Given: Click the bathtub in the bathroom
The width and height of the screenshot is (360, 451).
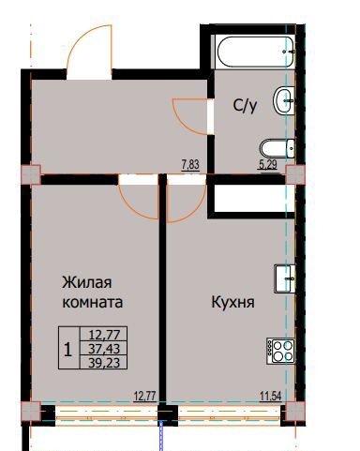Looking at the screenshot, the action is (x=255, y=52).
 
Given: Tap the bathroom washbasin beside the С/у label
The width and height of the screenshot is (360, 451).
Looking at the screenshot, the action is (x=284, y=100).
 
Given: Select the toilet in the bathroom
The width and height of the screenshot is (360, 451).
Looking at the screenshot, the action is (x=277, y=149).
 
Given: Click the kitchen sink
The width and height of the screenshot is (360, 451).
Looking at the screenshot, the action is (x=285, y=278).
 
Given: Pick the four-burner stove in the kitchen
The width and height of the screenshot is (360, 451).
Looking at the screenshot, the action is (x=281, y=351).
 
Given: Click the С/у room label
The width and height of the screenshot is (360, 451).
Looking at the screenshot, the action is (x=245, y=106).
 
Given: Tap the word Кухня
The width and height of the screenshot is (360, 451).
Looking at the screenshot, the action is (x=232, y=302).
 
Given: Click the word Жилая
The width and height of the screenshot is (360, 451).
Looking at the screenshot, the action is (x=87, y=283).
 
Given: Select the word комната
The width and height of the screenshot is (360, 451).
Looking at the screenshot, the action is (x=93, y=303).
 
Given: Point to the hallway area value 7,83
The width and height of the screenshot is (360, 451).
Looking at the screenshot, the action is (x=190, y=164).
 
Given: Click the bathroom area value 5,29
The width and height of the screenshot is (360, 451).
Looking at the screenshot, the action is (x=268, y=164).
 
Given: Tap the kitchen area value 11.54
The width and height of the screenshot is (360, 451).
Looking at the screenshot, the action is (x=271, y=397).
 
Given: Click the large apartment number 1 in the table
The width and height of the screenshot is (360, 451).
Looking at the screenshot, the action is (x=67, y=350).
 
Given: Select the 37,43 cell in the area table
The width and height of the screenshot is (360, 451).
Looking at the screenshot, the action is (x=104, y=349).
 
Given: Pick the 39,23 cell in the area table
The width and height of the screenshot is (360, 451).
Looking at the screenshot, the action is (x=104, y=363).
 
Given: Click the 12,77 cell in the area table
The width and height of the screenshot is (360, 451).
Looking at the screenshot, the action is (x=104, y=335).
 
